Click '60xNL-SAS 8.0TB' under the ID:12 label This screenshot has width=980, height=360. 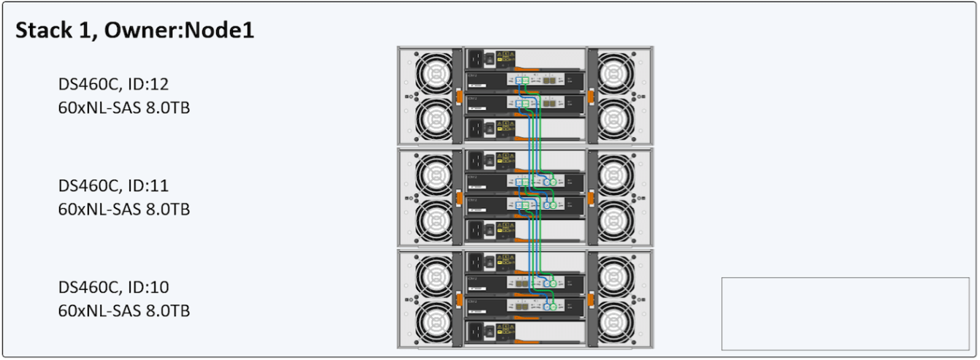[124, 108]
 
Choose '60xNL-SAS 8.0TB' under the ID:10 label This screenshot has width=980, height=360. [124, 310]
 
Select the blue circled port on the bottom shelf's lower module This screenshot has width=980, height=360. [537, 306]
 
